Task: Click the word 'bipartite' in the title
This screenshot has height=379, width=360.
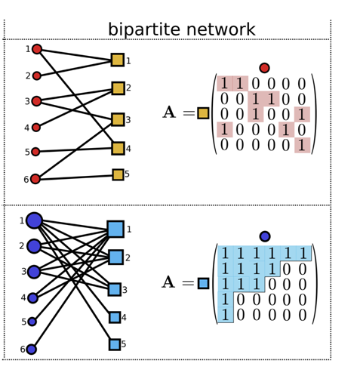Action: (x=144, y=29)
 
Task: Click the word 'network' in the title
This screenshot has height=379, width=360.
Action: (x=221, y=29)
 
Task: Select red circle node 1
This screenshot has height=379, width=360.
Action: (x=37, y=49)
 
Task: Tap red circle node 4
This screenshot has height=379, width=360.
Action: (x=36, y=128)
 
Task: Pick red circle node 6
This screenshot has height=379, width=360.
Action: (x=35, y=179)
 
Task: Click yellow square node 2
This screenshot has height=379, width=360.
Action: (x=118, y=88)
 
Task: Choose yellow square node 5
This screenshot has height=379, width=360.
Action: (x=118, y=174)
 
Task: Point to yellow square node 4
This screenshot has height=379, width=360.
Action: (x=118, y=148)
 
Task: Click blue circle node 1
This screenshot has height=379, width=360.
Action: (x=34, y=220)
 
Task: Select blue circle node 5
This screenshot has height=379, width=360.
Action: (x=32, y=322)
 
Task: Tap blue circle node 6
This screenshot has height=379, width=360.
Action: (x=32, y=350)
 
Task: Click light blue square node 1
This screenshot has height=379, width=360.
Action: (x=115, y=229)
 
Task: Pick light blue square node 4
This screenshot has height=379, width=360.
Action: (x=115, y=317)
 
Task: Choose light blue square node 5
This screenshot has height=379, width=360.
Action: (x=115, y=344)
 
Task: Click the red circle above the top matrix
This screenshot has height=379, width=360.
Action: (x=264, y=68)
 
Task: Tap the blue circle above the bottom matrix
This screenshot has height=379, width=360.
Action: (x=265, y=236)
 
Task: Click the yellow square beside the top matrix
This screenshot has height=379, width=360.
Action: (x=203, y=113)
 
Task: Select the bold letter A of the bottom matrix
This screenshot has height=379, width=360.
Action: (x=168, y=282)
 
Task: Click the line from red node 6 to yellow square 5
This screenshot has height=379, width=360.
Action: (x=76, y=177)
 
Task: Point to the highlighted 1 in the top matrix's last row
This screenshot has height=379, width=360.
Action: (x=302, y=145)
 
